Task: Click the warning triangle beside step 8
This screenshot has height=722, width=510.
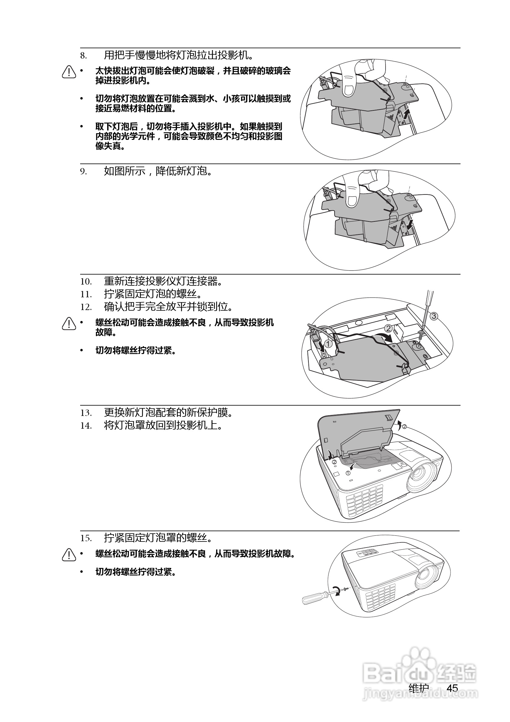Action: [69, 72]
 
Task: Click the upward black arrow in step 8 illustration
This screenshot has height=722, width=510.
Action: [407, 114]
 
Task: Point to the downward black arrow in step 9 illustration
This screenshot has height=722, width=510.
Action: [410, 224]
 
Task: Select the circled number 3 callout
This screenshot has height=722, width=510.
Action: [433, 316]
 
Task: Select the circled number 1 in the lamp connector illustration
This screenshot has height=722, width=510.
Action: [328, 344]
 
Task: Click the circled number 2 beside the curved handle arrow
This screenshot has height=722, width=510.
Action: [389, 329]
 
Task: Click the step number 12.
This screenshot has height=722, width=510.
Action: [86, 307]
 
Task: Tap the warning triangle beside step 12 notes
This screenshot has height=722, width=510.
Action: [69, 324]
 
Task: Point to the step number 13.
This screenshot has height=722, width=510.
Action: [86, 413]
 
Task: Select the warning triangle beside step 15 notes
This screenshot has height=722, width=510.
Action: [69, 555]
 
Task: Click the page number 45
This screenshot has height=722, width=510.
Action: [452, 688]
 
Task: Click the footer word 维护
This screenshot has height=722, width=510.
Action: [419, 688]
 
